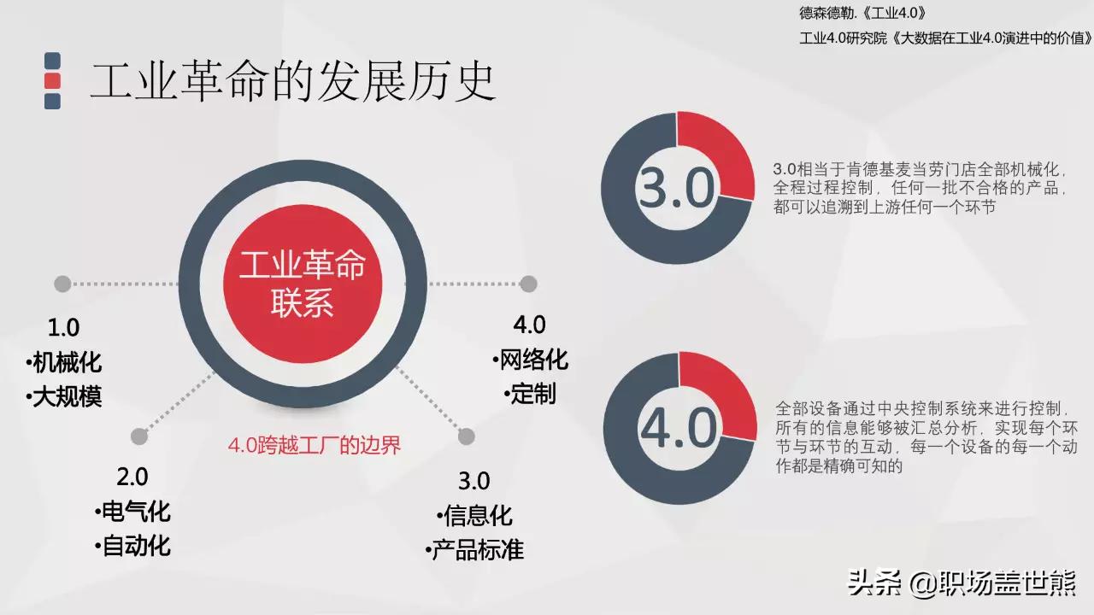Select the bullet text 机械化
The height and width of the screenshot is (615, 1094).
coord(67,362)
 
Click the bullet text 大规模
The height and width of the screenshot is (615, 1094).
coord(67,396)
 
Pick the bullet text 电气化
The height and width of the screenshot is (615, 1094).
coord(135,512)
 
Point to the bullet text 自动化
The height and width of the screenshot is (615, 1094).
coord(135,546)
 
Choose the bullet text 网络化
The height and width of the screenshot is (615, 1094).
coord(532,360)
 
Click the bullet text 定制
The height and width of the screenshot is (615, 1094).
coord(532,394)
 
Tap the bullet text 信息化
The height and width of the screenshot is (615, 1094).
coord(477,516)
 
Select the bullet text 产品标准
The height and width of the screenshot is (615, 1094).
coord(477,550)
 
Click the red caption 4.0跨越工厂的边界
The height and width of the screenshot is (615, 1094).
coord(314,445)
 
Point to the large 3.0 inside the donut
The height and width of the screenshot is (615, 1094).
coord(676,189)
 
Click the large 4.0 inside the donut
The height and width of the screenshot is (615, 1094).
coord(679,429)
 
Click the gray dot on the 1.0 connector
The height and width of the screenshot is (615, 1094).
coord(62,284)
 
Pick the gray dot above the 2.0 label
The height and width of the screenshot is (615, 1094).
coord(139,436)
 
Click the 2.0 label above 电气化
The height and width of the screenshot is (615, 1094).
coord(132,476)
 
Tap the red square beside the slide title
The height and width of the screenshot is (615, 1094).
coord(52,81)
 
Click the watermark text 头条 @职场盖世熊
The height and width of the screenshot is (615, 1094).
coord(961,584)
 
